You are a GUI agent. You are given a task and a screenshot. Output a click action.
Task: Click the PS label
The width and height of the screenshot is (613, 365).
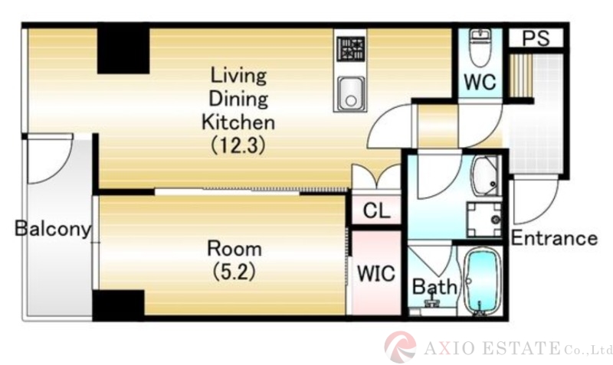coord(536,37)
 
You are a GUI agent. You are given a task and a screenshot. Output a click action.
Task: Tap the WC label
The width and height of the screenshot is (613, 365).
coord(480,82)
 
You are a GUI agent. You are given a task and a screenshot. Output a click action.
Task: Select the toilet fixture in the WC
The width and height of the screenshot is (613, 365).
coord(480,47)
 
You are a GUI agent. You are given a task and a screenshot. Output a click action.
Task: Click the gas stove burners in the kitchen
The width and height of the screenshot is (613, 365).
coord(351,48)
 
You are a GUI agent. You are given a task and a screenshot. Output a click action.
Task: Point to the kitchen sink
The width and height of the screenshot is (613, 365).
coord(351,93)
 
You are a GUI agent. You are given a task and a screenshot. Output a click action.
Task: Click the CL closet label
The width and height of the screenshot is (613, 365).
coord(376,210)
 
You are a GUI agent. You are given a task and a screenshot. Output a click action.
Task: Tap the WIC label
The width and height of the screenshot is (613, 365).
coord(376,273)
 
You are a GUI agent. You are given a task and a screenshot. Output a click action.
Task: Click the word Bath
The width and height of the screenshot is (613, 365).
coord(434,287)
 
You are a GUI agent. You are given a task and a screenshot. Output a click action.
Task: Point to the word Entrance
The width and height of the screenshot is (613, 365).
coord(554,238)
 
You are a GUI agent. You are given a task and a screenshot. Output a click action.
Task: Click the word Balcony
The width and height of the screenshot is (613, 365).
coord(53,228)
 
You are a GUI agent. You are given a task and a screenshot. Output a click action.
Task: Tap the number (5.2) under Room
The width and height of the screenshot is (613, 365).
coord(234,272)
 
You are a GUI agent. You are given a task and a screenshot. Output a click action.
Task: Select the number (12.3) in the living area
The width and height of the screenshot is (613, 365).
coord(238,145)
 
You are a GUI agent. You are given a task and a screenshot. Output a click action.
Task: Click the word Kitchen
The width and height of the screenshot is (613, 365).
coord(238,122)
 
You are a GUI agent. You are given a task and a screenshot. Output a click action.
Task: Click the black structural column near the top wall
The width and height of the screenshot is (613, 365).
coord(123,48)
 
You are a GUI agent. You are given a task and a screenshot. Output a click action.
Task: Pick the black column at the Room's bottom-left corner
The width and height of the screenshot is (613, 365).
coord(119,305)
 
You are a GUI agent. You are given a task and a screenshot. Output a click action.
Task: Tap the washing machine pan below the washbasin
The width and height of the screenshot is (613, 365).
coord(484,220)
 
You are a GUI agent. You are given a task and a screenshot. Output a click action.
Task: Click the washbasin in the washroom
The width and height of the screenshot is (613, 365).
coord(486,177)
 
